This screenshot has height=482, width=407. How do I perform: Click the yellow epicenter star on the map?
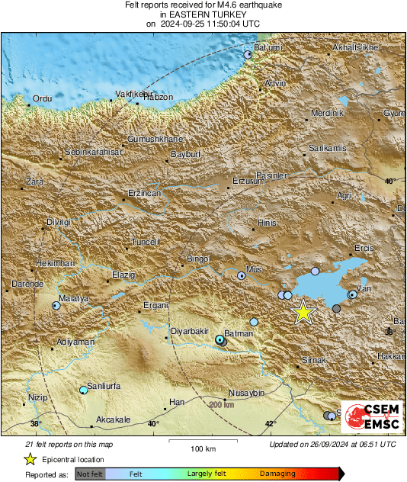(x=303, y=312)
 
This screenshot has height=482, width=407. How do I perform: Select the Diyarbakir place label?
(x=188, y=332)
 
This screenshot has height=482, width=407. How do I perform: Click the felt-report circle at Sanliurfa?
(x=84, y=390)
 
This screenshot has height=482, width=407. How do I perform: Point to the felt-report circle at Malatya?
(x=56, y=305)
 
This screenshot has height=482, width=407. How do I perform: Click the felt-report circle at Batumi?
(x=248, y=55)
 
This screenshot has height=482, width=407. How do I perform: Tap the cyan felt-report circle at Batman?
(x=220, y=339)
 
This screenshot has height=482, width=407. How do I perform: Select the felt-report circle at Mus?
(x=242, y=275)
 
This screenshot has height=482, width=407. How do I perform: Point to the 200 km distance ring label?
(x=221, y=404)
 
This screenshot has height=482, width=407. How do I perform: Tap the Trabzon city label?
(x=159, y=97)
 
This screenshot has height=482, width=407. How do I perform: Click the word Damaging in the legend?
(x=278, y=474)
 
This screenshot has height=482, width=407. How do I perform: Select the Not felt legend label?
(x=90, y=474)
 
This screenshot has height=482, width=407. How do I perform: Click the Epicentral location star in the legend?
(x=30, y=459)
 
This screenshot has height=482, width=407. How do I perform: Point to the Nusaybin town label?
(x=246, y=393)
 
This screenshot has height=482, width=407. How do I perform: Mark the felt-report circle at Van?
(x=353, y=294)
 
